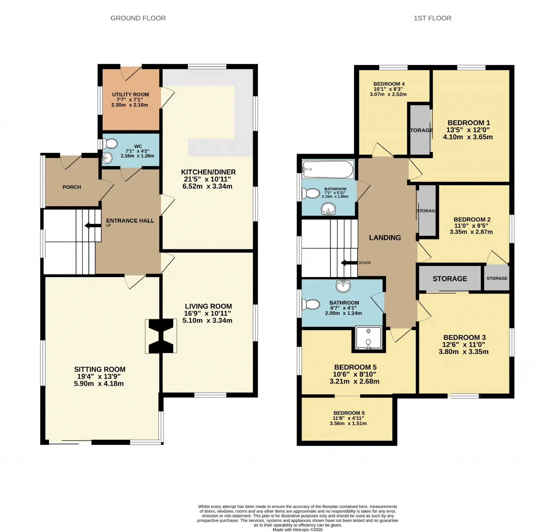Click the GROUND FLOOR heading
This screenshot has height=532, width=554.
[138, 18]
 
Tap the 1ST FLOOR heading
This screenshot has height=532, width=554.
[432, 18]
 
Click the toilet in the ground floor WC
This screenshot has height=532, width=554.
[110, 144]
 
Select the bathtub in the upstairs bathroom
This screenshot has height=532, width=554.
[328, 169]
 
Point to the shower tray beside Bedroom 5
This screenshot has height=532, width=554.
[368, 338]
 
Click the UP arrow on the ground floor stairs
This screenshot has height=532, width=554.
[93, 226]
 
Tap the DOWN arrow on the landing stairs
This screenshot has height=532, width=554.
[349, 263]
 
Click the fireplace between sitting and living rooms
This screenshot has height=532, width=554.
[161, 336]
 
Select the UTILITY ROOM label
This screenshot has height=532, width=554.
[130, 94]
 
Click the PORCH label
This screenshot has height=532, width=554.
[72, 187]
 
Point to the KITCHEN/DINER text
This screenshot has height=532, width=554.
[208, 172]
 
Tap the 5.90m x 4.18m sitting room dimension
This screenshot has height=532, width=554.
[99, 384]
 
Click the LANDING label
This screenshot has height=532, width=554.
[385, 238]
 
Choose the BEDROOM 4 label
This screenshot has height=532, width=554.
[389, 84]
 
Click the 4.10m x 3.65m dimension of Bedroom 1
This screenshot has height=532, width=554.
[468, 137]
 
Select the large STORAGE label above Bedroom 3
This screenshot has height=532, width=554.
[450, 278]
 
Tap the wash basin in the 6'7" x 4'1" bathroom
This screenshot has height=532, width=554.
[343, 286]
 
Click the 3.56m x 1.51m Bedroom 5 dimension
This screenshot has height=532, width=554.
[348, 423]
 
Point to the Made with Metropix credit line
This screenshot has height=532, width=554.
[298, 530]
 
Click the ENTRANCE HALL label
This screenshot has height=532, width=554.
[130, 221]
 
